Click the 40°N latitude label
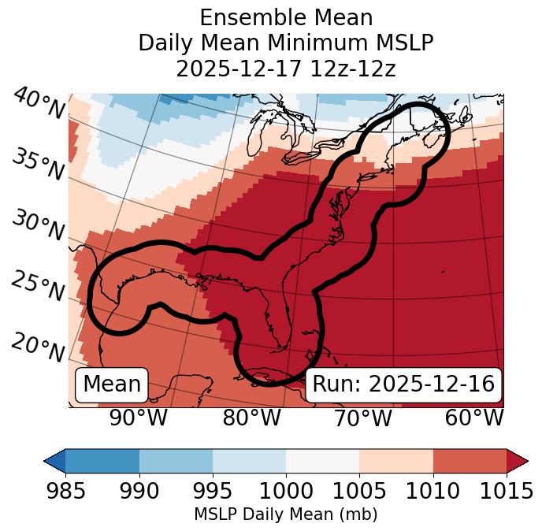(x=38, y=105)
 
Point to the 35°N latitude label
(x=38, y=165)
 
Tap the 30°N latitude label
(x=38, y=227)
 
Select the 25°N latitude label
(x=38, y=287)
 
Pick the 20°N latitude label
(x=38, y=347)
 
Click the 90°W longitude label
(x=138, y=418)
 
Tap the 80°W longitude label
(x=251, y=418)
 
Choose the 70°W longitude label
(x=362, y=418)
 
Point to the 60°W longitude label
(x=474, y=418)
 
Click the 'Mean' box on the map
(x=112, y=384)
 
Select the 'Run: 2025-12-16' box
(x=403, y=384)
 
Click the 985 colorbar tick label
(x=65, y=491)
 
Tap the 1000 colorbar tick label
(x=286, y=491)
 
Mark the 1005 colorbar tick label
(x=359, y=491)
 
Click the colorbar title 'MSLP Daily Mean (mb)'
(x=286, y=514)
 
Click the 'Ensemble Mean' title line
(x=286, y=17)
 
